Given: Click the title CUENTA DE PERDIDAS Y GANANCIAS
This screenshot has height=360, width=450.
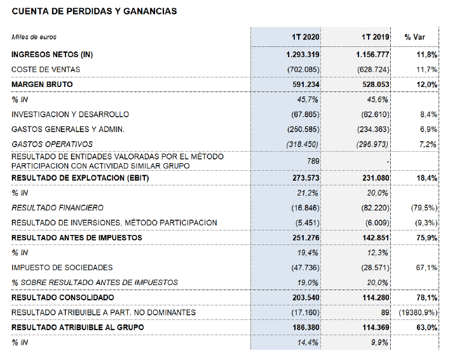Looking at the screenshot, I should click(94, 11).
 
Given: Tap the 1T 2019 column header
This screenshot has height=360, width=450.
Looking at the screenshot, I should click(374, 37).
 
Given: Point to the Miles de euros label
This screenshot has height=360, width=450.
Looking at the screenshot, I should click(34, 37).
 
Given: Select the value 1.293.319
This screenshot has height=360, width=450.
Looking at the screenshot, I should click(303, 55).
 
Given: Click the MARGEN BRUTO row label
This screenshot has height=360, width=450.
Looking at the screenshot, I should click(42, 84).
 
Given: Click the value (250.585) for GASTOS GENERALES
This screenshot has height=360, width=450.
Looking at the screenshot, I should click(303, 130).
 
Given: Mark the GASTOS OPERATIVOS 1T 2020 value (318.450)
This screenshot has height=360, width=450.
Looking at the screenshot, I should click(303, 145).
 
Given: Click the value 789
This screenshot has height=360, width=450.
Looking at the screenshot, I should click(313, 161).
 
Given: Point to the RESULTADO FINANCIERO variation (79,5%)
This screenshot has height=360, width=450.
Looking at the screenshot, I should click(421, 208).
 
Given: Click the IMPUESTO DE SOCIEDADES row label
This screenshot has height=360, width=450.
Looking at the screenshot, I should click(62, 267).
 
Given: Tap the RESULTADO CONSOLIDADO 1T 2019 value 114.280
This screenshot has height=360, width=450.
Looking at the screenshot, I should click(374, 297).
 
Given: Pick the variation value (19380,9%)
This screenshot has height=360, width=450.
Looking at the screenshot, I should click(416, 312).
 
